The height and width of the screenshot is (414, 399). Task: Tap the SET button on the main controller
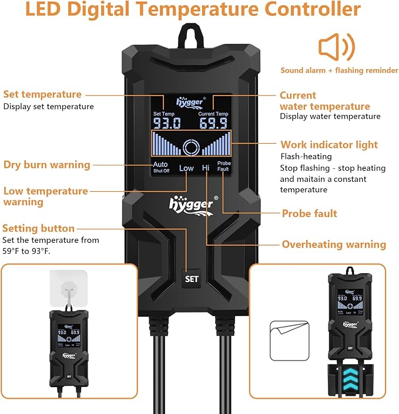coord(192,279)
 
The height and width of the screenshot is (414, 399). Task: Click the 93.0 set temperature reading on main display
coord(167,123)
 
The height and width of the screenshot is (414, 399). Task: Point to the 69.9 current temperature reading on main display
coord(213,123)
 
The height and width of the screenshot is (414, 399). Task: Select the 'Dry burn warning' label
coord(47,165)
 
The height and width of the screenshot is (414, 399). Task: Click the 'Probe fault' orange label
coord(310,213)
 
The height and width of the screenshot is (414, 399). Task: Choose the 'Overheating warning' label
coord(334,245)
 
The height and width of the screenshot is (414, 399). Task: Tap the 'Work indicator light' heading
coord(329,145)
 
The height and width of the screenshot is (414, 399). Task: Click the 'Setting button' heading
coord(39,228)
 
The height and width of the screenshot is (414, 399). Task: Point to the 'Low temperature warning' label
coord(45,196)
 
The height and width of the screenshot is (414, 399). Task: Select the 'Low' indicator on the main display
coord(186,168)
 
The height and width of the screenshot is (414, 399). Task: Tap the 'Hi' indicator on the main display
coord(206,168)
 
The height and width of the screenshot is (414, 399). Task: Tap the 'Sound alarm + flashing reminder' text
coord(339,70)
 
